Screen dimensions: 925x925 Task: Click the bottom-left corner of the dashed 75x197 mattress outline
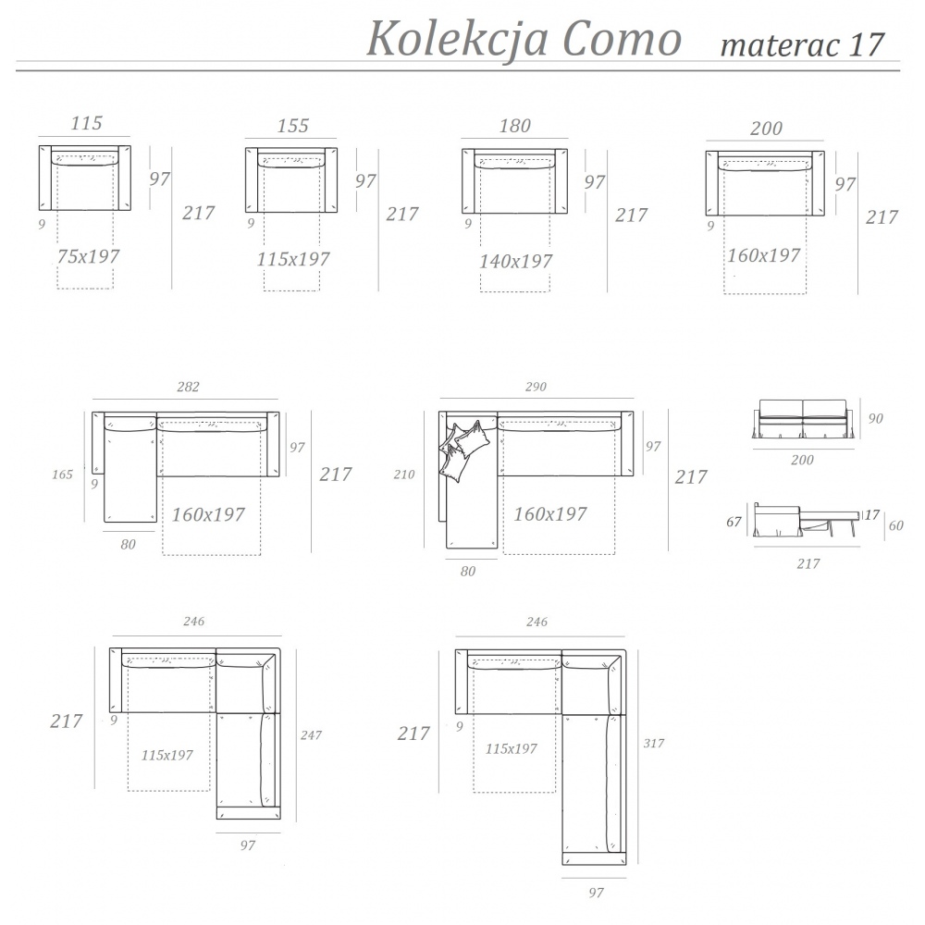tap(57, 289)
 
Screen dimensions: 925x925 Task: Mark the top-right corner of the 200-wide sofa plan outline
tap(824, 151)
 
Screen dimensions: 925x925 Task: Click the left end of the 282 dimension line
tap(92, 399)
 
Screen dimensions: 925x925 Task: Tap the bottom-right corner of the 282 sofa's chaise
tap(157, 522)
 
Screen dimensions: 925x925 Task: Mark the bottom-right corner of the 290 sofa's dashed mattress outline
tap(615, 554)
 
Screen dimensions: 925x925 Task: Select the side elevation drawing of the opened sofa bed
tap(807, 520)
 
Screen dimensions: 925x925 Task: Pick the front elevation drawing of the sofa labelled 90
tap(802, 419)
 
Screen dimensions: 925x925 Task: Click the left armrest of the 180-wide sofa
tap(468, 181)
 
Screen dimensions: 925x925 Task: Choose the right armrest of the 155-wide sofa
tap(331, 180)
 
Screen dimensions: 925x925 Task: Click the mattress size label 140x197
tap(515, 262)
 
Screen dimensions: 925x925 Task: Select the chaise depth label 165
tap(63, 475)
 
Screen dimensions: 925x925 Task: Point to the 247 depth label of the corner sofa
tap(311, 735)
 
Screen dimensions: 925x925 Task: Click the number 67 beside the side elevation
tap(734, 522)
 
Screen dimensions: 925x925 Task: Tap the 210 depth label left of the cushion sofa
tap(404, 475)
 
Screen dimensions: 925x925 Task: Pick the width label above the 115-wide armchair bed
tap(87, 123)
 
